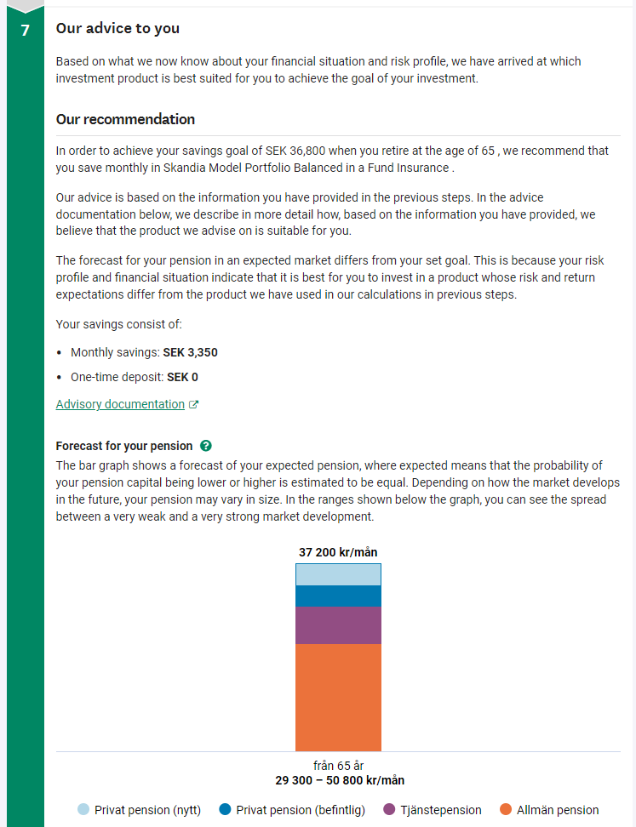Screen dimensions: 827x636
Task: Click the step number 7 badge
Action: (x=25, y=30)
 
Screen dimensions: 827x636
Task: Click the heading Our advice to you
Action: (x=117, y=28)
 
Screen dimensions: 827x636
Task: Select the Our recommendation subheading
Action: (x=125, y=119)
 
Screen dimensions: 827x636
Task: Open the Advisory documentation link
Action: (x=120, y=404)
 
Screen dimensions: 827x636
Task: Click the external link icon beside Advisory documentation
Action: (x=193, y=405)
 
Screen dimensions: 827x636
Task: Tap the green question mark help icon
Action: (x=205, y=446)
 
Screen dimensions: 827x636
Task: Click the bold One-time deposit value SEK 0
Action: (x=182, y=377)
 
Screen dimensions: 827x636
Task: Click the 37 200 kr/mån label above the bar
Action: (x=338, y=552)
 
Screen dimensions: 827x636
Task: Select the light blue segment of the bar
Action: (x=338, y=575)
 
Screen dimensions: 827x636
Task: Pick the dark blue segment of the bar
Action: (x=338, y=596)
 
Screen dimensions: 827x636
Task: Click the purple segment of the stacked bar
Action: (x=338, y=625)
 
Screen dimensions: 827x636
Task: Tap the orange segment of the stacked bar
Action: (x=338, y=698)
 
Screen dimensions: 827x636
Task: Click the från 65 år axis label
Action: (x=338, y=766)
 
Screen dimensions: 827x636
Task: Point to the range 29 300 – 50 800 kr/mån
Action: (x=338, y=780)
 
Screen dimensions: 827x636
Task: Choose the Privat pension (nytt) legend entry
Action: (x=139, y=810)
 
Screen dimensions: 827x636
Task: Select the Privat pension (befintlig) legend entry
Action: (x=292, y=810)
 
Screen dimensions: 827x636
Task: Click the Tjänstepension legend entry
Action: (x=433, y=810)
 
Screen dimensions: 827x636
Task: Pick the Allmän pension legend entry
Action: (x=549, y=810)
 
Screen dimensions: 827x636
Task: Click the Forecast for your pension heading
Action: (x=124, y=446)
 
